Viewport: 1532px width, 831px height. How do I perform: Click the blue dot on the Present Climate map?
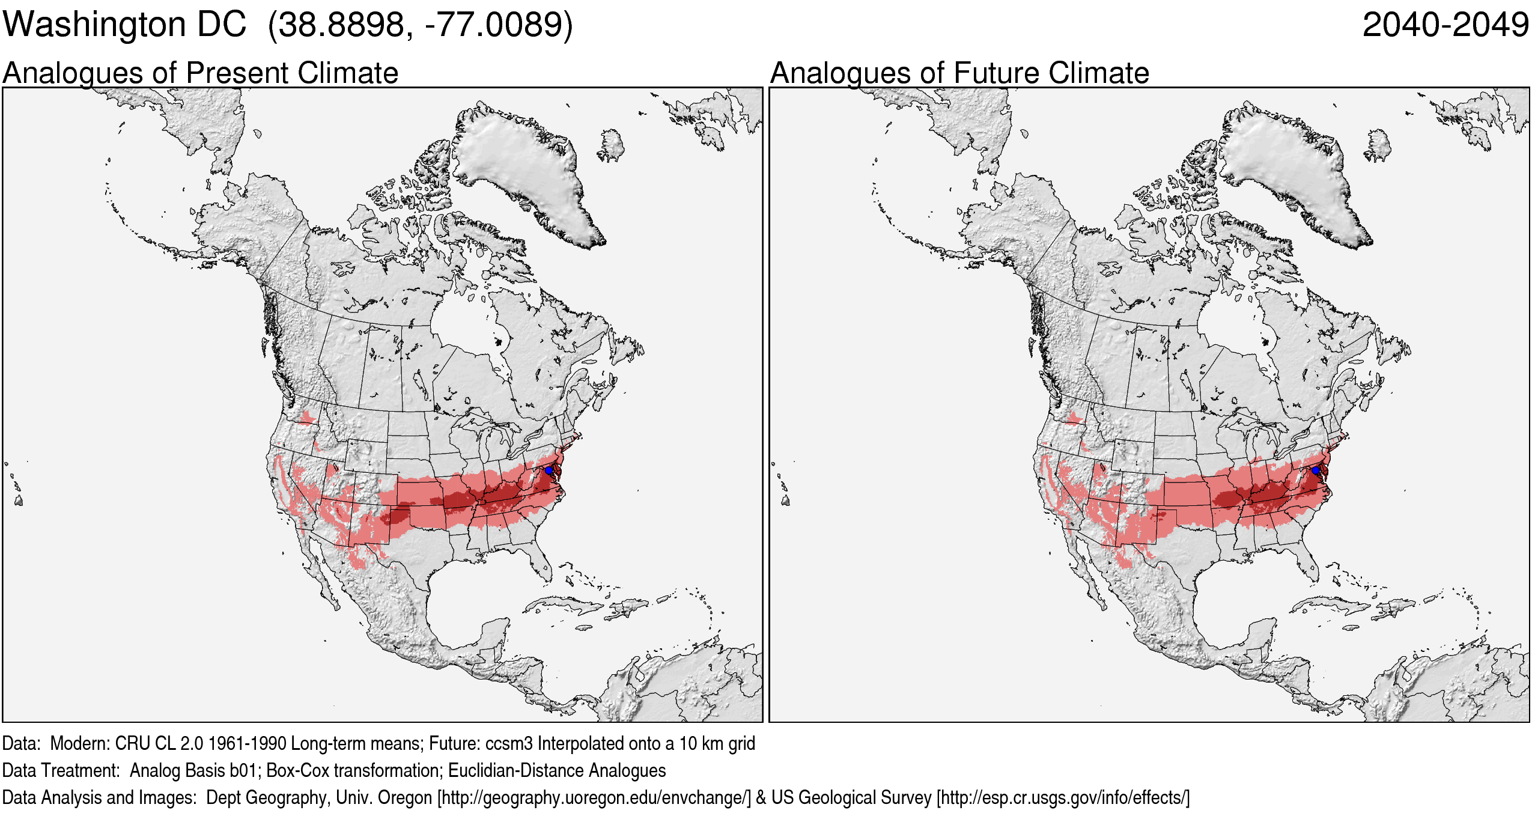549,470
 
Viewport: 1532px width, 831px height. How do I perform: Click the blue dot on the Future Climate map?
1316,470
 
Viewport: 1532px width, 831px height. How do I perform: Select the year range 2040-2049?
1445,25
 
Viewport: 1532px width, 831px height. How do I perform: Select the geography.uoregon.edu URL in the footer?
594,797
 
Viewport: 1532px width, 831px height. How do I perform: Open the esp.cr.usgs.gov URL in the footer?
1063,797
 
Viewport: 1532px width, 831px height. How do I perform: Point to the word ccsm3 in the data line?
509,743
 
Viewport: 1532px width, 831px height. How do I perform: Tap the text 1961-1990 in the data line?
247,743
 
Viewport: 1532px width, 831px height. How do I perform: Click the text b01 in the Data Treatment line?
243,770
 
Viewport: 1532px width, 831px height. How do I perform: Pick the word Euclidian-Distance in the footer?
516,770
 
